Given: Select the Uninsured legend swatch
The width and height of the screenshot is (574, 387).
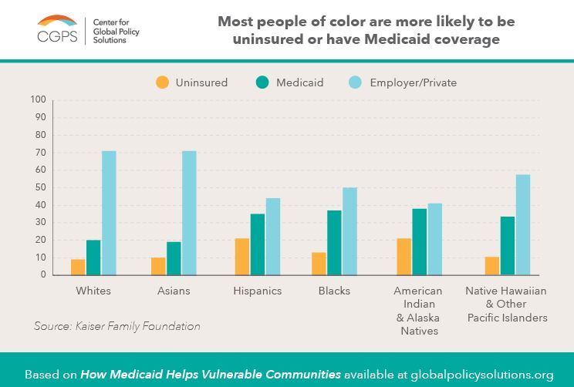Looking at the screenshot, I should [163, 82].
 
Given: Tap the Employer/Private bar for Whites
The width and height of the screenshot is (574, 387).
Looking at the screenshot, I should [109, 213].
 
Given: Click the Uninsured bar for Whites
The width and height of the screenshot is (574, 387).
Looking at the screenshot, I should [78, 267].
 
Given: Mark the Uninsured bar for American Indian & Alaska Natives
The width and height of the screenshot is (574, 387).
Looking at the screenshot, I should [403, 257].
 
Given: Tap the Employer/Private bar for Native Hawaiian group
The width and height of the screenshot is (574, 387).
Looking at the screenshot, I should [522, 224].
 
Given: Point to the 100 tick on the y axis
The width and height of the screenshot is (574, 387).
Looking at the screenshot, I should [39, 99].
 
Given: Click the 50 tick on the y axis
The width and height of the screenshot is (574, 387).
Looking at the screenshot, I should [41, 187].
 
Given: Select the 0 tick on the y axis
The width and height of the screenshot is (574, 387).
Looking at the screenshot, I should [43, 275].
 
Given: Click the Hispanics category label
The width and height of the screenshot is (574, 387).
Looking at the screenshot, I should [257, 291].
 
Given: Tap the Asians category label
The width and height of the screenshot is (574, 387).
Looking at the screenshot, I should [174, 291].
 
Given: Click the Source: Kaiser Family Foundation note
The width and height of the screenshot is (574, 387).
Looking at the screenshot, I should [116, 327].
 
